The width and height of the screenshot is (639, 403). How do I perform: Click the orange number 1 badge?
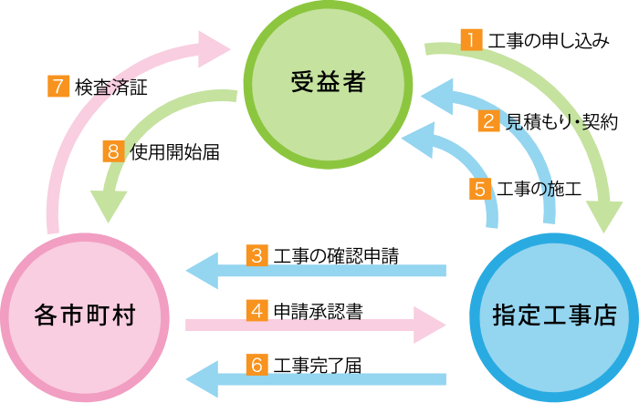(x=470, y=39)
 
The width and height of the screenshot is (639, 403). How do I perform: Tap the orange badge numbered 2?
(x=489, y=121)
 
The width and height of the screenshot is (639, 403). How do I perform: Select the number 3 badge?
(x=257, y=255)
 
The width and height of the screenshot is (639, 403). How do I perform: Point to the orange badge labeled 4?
(x=257, y=311)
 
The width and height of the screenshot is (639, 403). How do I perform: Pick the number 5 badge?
(x=480, y=189)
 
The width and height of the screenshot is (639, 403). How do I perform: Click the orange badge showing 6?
(x=257, y=365)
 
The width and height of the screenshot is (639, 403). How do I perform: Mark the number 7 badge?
(x=58, y=87)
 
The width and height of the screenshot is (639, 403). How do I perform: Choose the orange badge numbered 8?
(x=113, y=151)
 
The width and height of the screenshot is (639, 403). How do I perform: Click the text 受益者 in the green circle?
(x=329, y=83)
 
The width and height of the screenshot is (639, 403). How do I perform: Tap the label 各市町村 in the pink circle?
(x=85, y=316)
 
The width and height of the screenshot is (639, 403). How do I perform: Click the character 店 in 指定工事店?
(x=604, y=316)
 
